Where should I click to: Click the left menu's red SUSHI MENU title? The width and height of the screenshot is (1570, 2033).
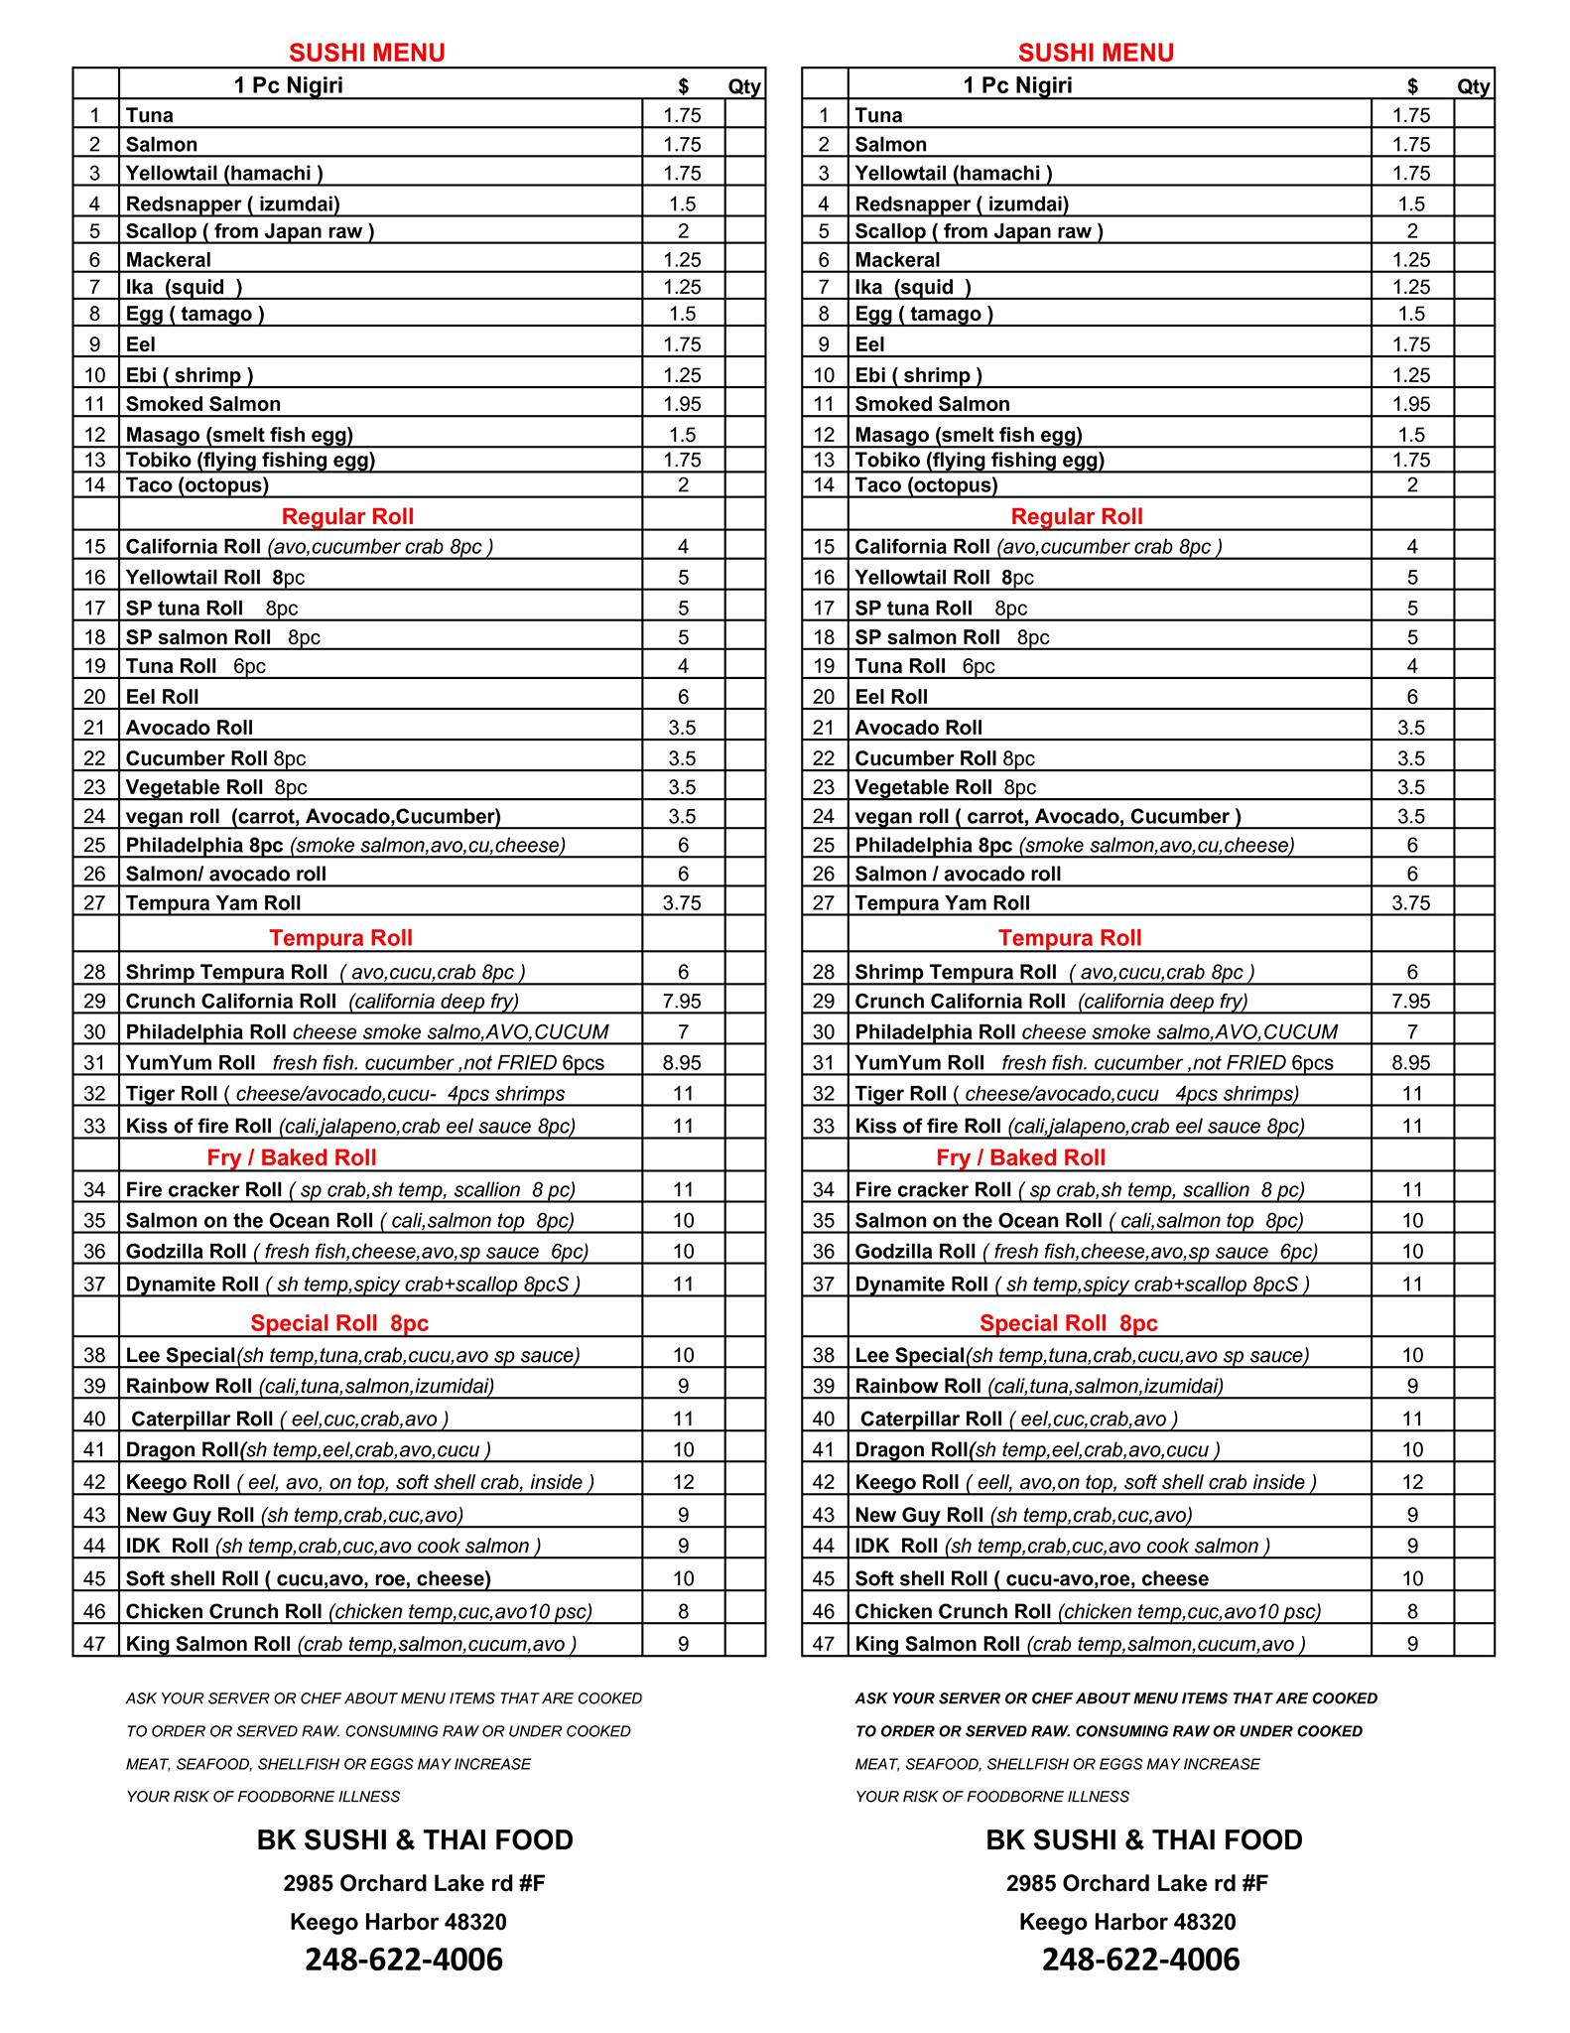click(x=366, y=53)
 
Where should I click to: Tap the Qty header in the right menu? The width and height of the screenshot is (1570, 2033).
click(x=1474, y=86)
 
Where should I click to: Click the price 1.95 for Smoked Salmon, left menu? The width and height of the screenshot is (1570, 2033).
click(x=682, y=404)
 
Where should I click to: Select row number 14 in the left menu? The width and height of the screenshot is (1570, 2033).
click(x=94, y=485)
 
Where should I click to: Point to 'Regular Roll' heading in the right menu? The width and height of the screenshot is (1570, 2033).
click(x=1076, y=516)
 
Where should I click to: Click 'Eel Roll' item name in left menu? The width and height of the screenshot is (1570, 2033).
click(x=162, y=697)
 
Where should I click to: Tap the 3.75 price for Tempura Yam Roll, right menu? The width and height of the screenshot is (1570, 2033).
click(x=1411, y=903)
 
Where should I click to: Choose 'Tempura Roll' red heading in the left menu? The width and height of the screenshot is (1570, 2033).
click(x=340, y=938)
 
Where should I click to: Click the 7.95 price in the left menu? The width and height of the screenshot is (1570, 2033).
click(x=682, y=1002)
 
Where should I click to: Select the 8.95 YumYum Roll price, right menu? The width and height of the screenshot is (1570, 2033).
click(x=1411, y=1063)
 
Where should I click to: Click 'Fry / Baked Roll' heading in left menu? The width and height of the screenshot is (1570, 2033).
click(x=292, y=1157)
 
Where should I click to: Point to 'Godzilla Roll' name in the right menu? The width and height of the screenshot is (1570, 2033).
click(x=915, y=1252)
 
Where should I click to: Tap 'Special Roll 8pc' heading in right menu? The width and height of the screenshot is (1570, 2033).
click(x=1068, y=1323)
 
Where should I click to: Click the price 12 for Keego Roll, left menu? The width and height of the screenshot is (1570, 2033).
click(x=683, y=1482)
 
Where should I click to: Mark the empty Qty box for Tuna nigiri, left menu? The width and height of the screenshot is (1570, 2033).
click(x=744, y=115)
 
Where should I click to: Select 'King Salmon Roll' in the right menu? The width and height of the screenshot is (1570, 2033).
click(x=937, y=1644)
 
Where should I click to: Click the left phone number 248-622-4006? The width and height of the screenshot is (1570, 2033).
click(x=404, y=1959)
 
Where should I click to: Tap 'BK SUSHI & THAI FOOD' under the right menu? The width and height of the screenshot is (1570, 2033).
click(x=1143, y=1840)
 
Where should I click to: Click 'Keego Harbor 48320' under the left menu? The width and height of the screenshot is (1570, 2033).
click(x=398, y=1922)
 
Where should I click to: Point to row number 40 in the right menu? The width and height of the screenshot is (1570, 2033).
click(x=824, y=1420)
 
